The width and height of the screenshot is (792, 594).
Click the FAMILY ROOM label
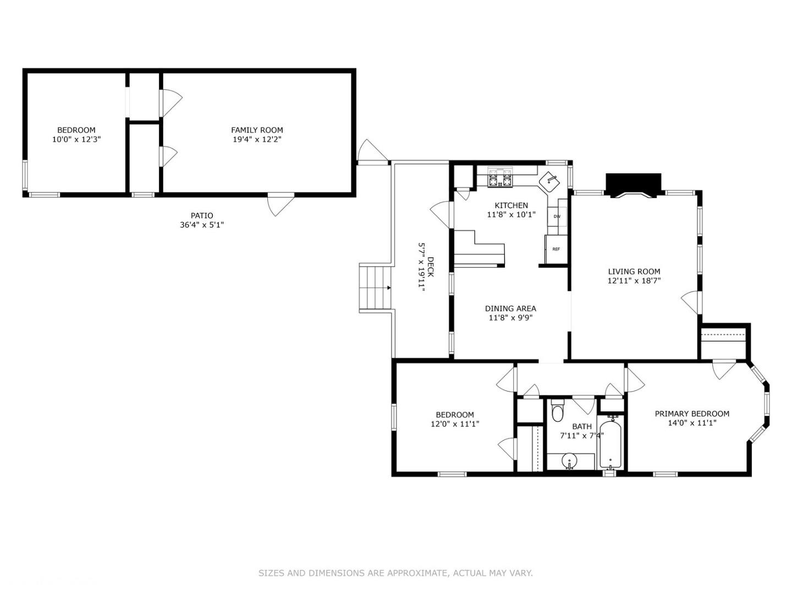click(x=257, y=130)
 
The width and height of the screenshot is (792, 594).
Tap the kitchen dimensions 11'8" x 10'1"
click(x=511, y=215)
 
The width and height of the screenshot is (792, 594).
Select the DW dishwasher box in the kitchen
click(x=557, y=216)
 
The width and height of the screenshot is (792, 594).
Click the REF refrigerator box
click(x=556, y=249)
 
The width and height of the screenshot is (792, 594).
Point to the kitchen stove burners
click(x=501, y=178)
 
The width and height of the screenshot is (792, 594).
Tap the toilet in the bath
click(x=558, y=412)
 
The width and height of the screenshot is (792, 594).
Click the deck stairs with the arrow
click(x=375, y=288)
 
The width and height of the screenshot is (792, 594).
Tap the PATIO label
click(x=202, y=216)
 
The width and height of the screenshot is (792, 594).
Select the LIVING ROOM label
click(x=634, y=271)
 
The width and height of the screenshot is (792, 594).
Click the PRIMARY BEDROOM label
click(x=692, y=414)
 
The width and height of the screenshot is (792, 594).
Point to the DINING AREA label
click(x=510, y=309)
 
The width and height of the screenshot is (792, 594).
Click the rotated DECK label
click(x=431, y=267)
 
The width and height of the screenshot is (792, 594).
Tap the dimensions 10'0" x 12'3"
click(x=76, y=140)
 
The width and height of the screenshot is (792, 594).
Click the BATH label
click(x=582, y=426)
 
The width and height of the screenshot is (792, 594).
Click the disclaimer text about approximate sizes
click(x=395, y=573)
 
